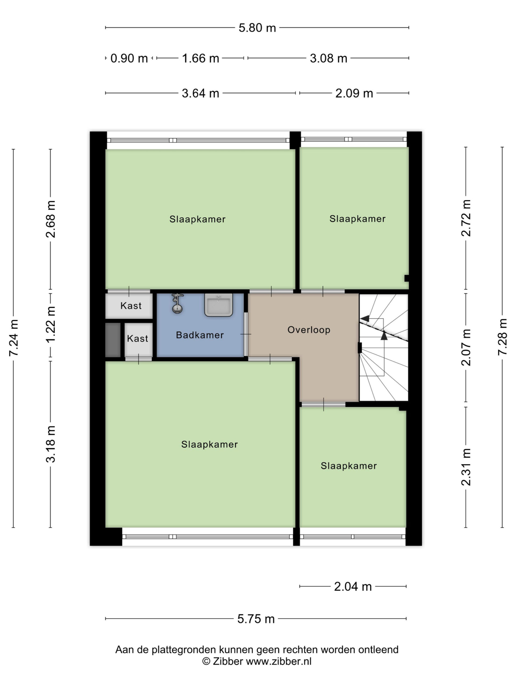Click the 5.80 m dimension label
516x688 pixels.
pyautogui.click(x=257, y=28)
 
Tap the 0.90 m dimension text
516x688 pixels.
pyautogui.click(x=129, y=58)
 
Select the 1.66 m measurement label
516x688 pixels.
pyautogui.click(x=200, y=58)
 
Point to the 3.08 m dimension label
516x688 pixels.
pyautogui.click(x=328, y=58)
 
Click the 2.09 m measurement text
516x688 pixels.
pyautogui.click(x=354, y=93)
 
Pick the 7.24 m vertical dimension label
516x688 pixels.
pyautogui.click(x=14, y=338)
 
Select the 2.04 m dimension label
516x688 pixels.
pyautogui.click(x=353, y=587)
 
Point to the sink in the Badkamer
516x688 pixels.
pyautogui.click(x=218, y=305)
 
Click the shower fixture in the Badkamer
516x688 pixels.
pyautogui.click(x=177, y=303)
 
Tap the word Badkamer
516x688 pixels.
pyautogui.click(x=200, y=335)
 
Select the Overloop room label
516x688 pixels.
pyautogui.click(x=309, y=330)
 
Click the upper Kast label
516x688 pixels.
pyautogui.click(x=131, y=306)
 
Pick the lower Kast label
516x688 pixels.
pyautogui.click(x=138, y=338)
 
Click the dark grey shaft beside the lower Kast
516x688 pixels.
pyautogui.click(x=113, y=340)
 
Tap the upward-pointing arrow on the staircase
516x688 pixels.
pyautogui.click(x=384, y=336)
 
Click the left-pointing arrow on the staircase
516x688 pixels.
pyautogui.click(x=364, y=318)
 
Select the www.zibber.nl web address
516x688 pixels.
pyautogui.click(x=279, y=661)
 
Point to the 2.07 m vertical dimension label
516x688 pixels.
pyautogui.click(x=466, y=347)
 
